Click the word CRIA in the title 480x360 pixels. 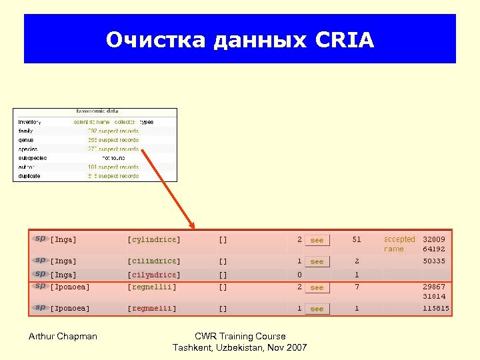[x=345, y=41]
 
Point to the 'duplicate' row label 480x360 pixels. [x=29, y=176]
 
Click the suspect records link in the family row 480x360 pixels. [x=113, y=131]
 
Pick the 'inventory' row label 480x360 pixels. [x=30, y=122]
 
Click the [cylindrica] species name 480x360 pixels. [x=154, y=240]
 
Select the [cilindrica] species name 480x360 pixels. [x=154, y=261]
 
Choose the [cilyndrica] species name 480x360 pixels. [x=154, y=275]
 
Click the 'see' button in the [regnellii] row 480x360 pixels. [x=317, y=287]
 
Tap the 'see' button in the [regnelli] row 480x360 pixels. [x=317, y=309]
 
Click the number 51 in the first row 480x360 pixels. [x=357, y=239]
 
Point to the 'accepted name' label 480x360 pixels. [x=399, y=243]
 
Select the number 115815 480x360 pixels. [x=436, y=309]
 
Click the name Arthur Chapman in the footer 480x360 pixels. [x=63, y=336]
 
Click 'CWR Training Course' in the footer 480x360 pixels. [x=240, y=336]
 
